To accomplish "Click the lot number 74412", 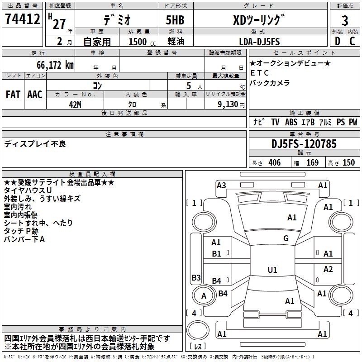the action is pyautogui.click(x=23, y=19).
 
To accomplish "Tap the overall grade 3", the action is pyautogui.click(x=345, y=21).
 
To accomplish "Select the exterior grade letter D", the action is pyautogui.click(x=338, y=41).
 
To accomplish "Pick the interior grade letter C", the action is pyautogui.click(x=352, y=41).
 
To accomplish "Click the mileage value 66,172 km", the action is pyautogui.click(x=55, y=65).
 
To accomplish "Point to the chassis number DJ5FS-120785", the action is pyautogui.click(x=304, y=144).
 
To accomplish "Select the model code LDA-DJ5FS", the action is pyautogui.click(x=259, y=42).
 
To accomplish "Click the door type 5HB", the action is pyautogui.click(x=175, y=20).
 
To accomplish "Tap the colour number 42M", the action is pyautogui.click(x=75, y=105).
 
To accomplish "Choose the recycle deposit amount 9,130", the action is pyautogui.click(x=228, y=105).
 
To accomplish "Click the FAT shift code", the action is pyautogui.click(x=13, y=95).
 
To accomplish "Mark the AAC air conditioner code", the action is pyautogui.click(x=35, y=95).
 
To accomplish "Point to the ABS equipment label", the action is pyautogui.click(x=291, y=122).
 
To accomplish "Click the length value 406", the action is pyautogui.click(x=275, y=162).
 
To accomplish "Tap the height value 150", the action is pyautogui.click(x=348, y=162).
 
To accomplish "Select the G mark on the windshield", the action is pyautogui.click(x=286, y=238).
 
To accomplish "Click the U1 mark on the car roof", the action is pyautogui.click(x=272, y=270).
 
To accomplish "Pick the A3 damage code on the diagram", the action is pyautogui.click(x=221, y=186).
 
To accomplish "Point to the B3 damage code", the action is pyautogui.click(x=196, y=277).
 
